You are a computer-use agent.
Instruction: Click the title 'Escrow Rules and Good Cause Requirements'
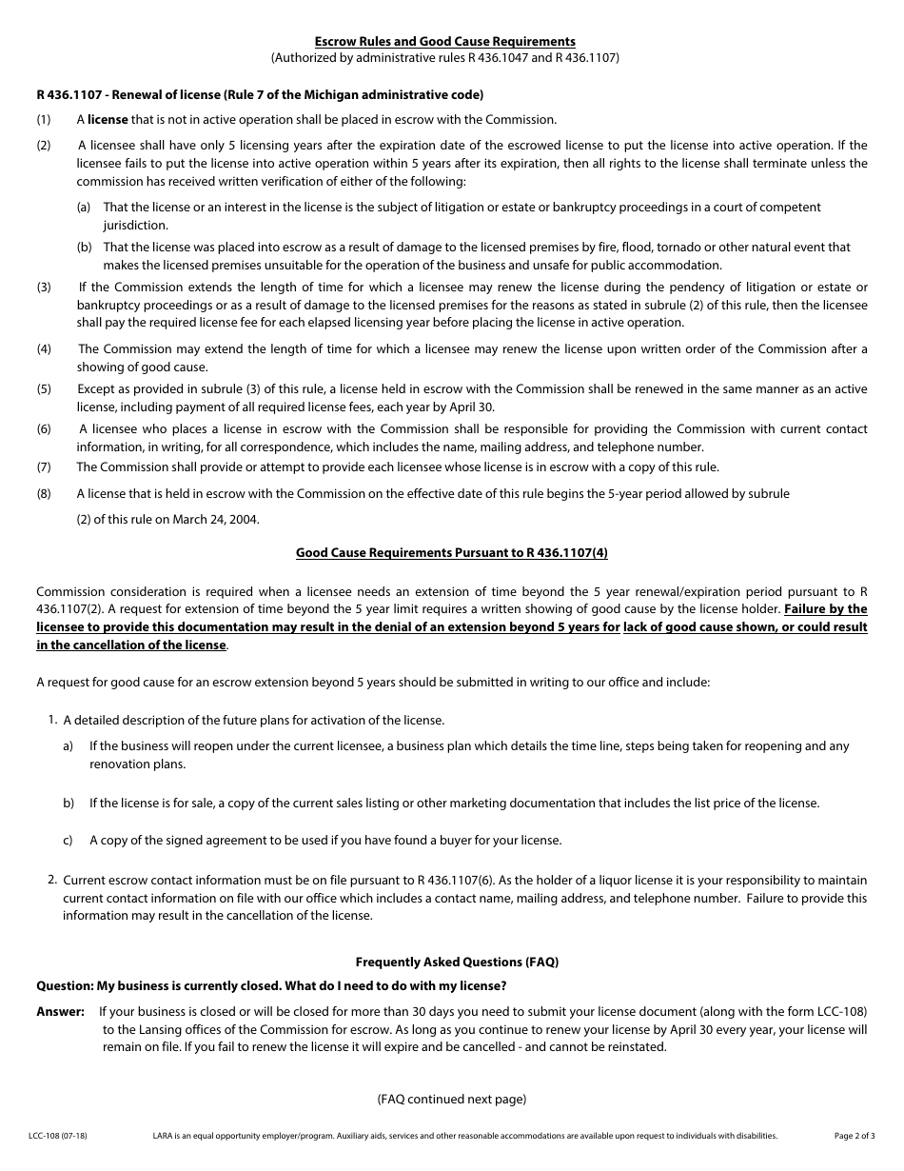point(445,42)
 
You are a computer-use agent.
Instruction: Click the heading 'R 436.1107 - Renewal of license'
point(260,94)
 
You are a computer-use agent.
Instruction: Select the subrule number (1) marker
point(44,120)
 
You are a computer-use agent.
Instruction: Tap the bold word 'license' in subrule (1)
point(108,120)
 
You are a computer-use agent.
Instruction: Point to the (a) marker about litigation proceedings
point(84,208)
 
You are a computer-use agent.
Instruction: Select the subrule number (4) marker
point(44,349)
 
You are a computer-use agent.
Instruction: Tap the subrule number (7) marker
point(44,467)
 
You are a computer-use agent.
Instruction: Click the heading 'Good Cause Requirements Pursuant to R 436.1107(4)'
point(451,552)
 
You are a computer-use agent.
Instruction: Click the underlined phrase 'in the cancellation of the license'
point(131,645)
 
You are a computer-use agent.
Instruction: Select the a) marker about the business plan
point(69,746)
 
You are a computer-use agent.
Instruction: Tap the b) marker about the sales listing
point(69,804)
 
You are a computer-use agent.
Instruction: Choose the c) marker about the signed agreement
point(69,841)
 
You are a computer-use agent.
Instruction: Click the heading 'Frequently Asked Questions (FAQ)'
point(457,963)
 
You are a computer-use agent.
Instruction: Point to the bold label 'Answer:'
point(60,1011)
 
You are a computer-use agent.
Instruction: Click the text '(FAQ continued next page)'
point(451,1100)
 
